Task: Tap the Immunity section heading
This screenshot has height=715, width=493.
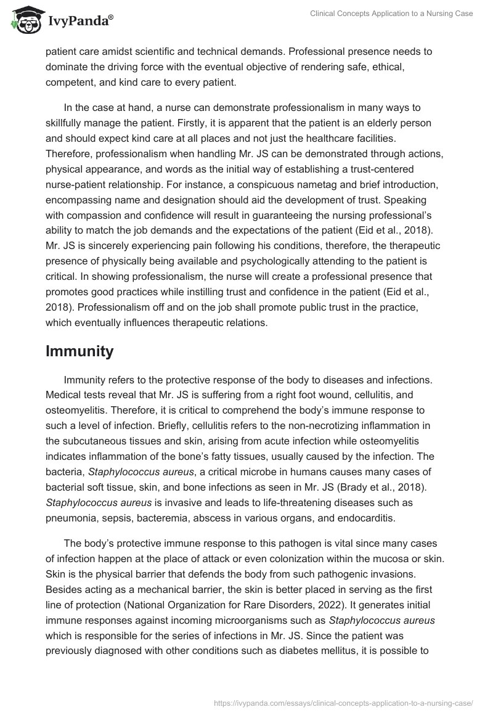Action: [x=79, y=351]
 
